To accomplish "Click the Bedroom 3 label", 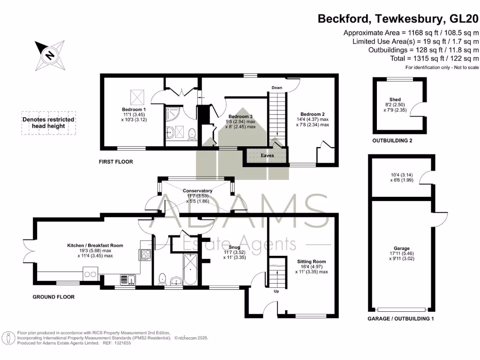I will [241, 116].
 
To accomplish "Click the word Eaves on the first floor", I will [268, 156].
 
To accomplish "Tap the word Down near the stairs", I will [277, 88].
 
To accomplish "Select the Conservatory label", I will [197, 191].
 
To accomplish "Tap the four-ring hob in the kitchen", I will [145, 255].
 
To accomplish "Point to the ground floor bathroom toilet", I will [162, 278].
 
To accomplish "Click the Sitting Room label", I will [311, 262].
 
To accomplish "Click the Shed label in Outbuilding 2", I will [395, 99].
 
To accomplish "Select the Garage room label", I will [401, 248].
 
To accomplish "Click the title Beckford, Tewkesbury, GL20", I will [398, 19].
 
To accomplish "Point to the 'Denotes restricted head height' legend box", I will [48, 123].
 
